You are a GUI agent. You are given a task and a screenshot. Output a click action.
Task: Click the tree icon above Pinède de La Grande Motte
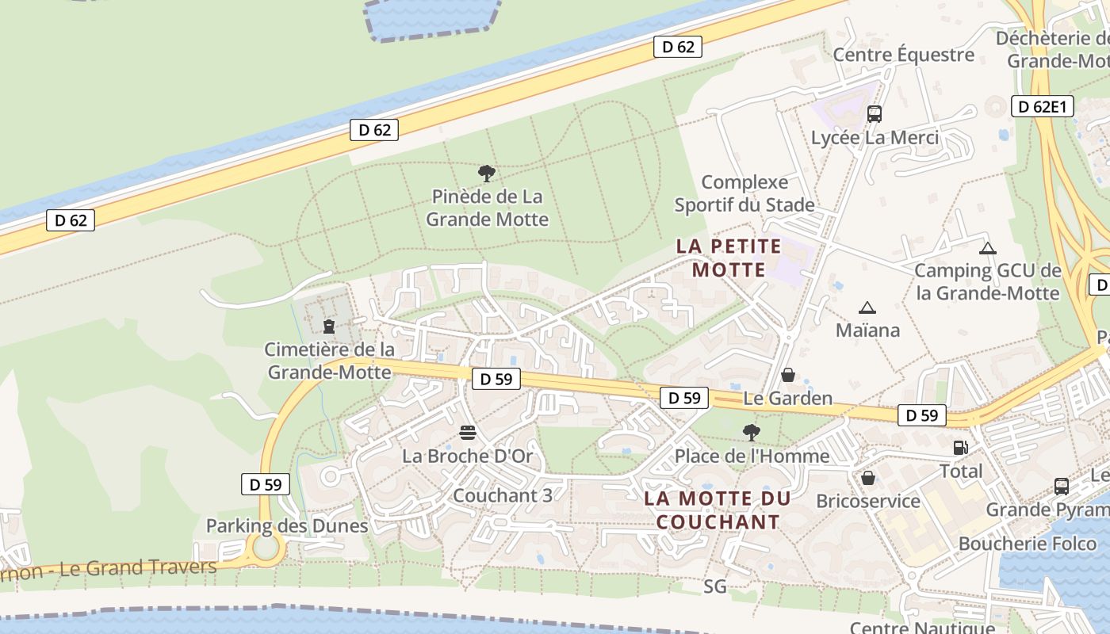(x=487, y=173)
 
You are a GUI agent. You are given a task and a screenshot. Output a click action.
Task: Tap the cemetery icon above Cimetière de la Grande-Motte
(x=329, y=326)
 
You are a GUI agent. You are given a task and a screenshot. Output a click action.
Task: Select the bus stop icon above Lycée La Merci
(x=875, y=114)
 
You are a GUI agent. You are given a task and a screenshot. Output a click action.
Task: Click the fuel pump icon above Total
(x=960, y=448)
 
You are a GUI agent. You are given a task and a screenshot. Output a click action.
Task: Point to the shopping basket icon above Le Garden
(x=788, y=375)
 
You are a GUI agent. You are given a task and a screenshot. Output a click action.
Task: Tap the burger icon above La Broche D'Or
(x=468, y=433)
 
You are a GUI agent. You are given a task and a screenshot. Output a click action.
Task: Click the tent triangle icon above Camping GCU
(x=987, y=248)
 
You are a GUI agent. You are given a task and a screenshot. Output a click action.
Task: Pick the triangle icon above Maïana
(x=867, y=307)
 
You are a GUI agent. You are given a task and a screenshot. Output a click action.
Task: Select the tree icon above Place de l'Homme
(x=751, y=433)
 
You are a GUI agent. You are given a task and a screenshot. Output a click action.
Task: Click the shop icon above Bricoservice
(x=868, y=478)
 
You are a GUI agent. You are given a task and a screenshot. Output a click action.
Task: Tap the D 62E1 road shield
(x=1043, y=106)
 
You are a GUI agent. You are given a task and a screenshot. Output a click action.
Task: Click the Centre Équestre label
(x=903, y=55)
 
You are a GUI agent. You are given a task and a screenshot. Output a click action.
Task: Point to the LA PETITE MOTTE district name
(x=729, y=258)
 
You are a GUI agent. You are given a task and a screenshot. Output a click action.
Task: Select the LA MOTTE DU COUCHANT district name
(x=718, y=510)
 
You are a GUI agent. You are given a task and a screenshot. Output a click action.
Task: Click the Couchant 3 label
(x=502, y=495)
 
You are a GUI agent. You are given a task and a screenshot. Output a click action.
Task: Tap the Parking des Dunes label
(x=287, y=525)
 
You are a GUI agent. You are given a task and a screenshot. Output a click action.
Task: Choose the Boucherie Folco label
(x=1028, y=544)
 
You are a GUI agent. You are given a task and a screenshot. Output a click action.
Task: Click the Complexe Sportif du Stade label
(x=744, y=194)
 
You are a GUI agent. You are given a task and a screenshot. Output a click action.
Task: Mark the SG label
(x=714, y=586)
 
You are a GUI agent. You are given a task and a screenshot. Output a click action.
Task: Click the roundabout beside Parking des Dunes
(x=266, y=547)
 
